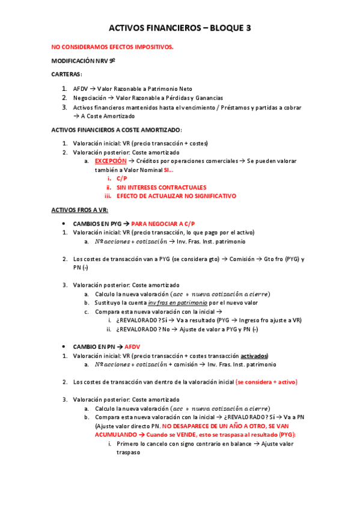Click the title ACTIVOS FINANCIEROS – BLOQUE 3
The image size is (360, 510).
click(180, 28)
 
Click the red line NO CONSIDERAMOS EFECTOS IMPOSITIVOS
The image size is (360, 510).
click(112, 48)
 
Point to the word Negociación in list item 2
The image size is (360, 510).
click(88, 98)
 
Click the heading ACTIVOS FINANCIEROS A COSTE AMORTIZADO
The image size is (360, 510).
click(116, 130)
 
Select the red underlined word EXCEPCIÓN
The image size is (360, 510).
click(111, 161)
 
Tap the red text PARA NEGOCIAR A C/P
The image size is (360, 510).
click(163, 223)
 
